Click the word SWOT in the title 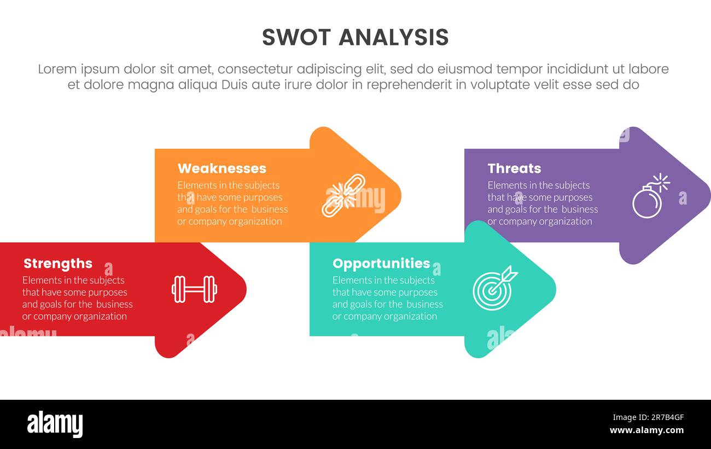pos(296,37)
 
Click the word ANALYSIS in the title pos(393,37)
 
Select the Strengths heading pos(58,264)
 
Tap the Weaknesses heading pos(222,168)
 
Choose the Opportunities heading pos(381,264)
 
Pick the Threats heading pos(514,168)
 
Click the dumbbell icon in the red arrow pos(194,289)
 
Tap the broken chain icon pos(343,195)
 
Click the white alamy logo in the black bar pos(55,424)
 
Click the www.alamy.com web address pos(646,430)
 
